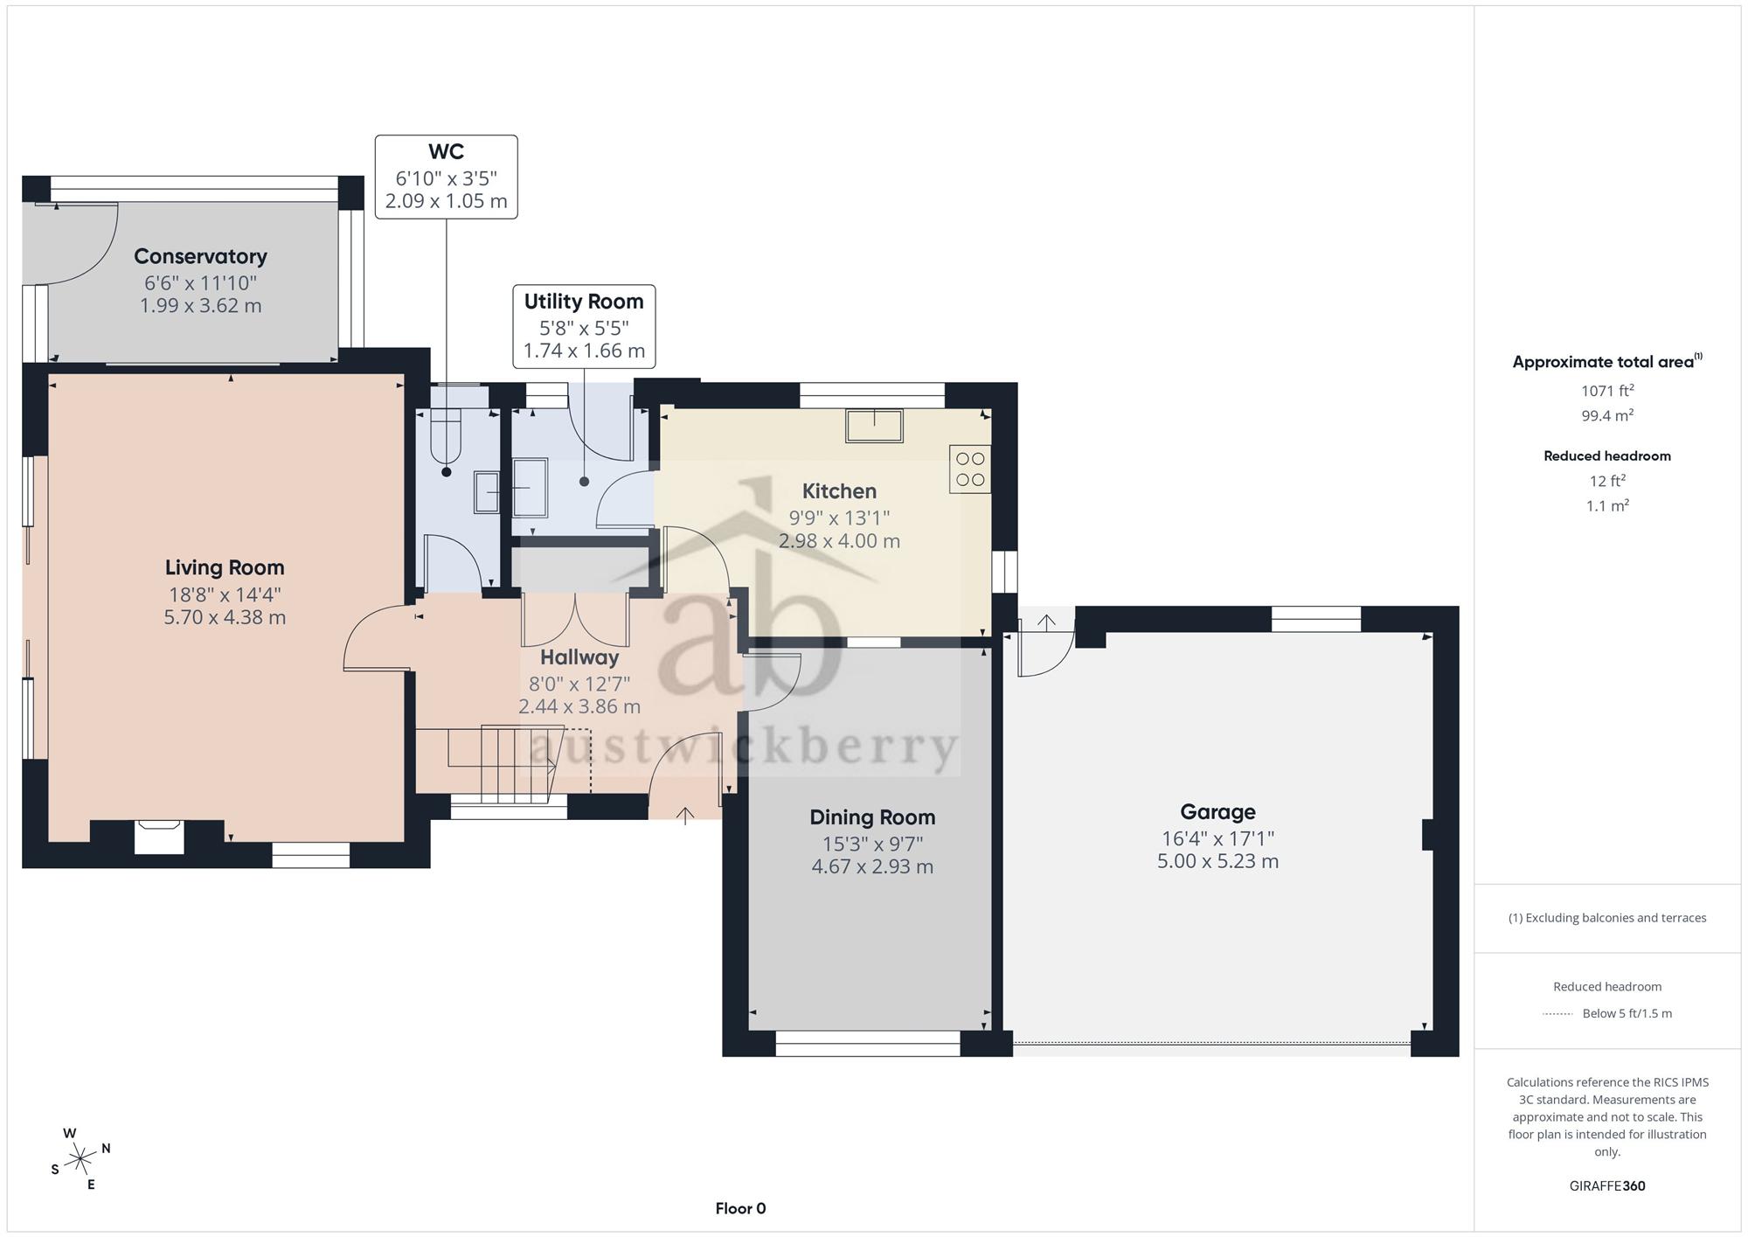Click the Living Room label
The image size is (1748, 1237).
coord(225,567)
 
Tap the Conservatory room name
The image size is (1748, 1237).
coord(200,256)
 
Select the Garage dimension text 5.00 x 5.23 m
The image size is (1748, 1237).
coord(1217,861)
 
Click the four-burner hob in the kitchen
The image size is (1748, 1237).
coord(970,469)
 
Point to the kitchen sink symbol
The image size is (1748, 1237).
coord(874,425)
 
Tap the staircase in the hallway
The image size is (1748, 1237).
coord(502,765)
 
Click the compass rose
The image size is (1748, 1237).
coord(81,1159)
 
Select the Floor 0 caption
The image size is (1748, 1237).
coord(740,1208)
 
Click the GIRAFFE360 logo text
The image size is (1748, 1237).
coord(1606,1185)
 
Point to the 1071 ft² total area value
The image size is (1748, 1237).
coord(1606,390)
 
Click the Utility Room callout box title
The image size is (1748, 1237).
coord(584,302)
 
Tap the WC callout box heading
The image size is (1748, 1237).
coord(446,152)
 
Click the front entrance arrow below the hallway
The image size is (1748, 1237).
coord(685,815)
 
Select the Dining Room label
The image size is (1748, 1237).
coord(872,817)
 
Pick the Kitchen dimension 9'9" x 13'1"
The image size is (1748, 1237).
coord(839,518)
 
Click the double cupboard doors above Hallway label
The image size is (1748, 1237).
coord(575,620)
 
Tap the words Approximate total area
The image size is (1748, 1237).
coord(1603,362)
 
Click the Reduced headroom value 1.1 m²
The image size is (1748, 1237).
coord(1606,505)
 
